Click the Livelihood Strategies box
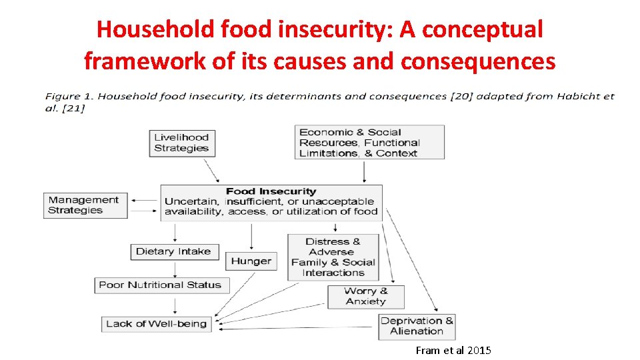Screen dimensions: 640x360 tap(181, 143)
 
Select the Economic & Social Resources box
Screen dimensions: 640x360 tap(369, 143)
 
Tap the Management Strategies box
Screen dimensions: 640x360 tap(85, 205)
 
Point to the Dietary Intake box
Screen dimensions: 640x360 tap(173, 251)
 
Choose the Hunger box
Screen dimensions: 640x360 tap(251, 261)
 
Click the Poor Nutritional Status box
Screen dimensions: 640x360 tap(160, 285)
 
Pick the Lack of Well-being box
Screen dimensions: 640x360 tap(157, 324)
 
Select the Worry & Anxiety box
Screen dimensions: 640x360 tap(365, 296)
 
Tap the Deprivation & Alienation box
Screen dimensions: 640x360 tap(417, 326)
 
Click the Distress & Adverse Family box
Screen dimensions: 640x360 tap(333, 257)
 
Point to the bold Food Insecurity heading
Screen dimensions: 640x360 tap(271, 191)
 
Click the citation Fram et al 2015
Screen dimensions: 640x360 tap(453, 350)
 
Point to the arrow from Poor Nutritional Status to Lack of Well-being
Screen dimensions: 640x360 tap(174, 305)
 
